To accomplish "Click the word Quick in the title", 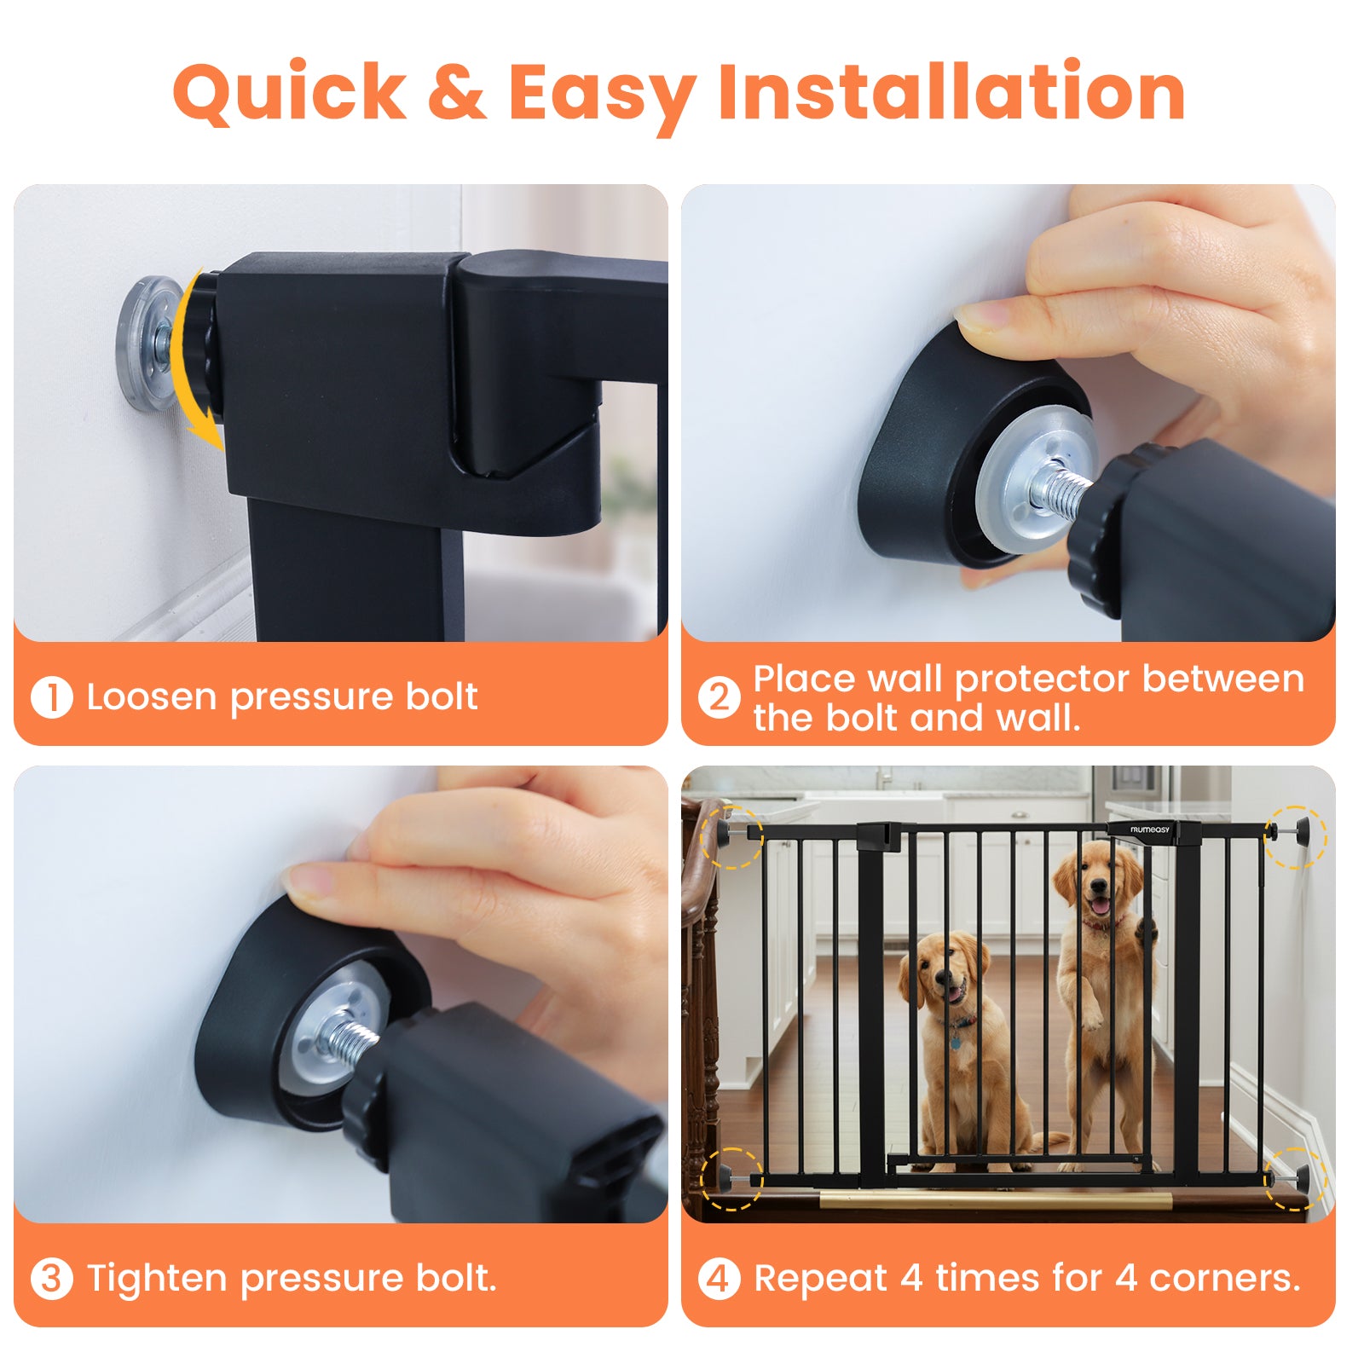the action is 290,92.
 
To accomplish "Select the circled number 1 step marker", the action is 51,697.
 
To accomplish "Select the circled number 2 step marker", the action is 719,697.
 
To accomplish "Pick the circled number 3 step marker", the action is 51,1280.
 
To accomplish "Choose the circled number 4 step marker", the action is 719,1280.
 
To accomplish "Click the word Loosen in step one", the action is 152,696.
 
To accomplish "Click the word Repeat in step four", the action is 821,1280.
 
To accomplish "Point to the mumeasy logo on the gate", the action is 1150,829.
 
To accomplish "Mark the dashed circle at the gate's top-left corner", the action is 731,836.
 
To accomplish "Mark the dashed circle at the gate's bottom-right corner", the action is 1295,1179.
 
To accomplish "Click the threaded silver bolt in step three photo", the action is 350,1038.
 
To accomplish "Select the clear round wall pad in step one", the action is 145,343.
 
